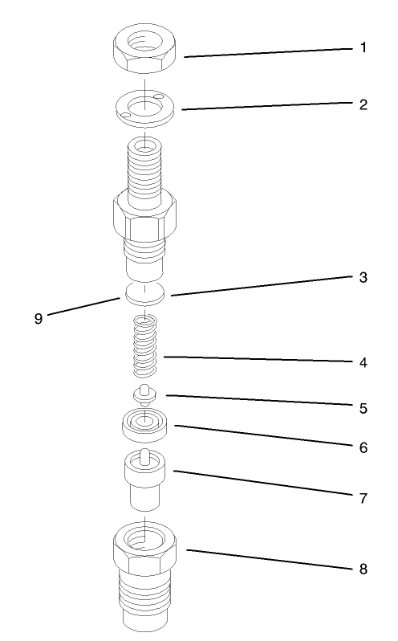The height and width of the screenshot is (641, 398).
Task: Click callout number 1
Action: pyautogui.click(x=362, y=48)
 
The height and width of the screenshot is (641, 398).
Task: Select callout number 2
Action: pyautogui.click(x=363, y=104)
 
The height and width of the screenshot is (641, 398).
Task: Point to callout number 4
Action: pyautogui.click(x=363, y=362)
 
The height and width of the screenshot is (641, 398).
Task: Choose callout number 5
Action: pyautogui.click(x=363, y=408)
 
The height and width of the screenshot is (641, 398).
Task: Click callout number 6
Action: pyautogui.click(x=363, y=447)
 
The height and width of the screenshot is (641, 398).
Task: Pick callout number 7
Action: pyautogui.click(x=363, y=498)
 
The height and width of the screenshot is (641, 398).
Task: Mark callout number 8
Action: pyautogui.click(x=363, y=569)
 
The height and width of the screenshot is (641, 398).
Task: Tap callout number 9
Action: pyautogui.click(x=38, y=318)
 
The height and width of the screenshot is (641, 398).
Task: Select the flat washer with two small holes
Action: pyautogui.click(x=144, y=106)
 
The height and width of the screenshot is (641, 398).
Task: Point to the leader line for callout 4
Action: pyautogui.click(x=257, y=359)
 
